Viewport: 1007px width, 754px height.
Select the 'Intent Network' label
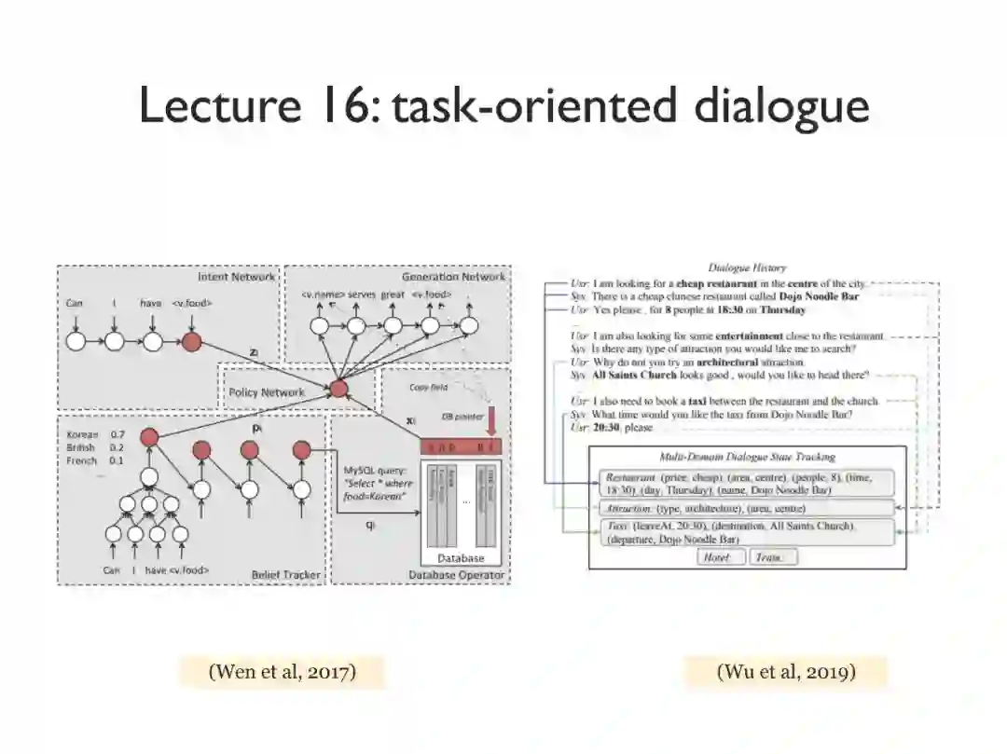[x=236, y=277]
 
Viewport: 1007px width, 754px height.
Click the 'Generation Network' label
[x=453, y=277]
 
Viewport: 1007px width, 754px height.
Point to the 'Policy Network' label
[x=267, y=392]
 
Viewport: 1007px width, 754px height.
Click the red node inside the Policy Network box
[x=338, y=389]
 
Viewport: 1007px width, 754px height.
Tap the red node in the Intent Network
[x=191, y=342]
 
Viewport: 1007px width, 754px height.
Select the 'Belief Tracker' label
[x=285, y=575]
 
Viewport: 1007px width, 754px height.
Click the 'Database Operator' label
[x=457, y=575]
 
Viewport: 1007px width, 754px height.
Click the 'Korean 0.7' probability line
[x=96, y=434]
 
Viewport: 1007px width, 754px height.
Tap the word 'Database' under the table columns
[x=462, y=558]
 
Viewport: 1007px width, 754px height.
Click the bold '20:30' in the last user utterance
[x=608, y=428]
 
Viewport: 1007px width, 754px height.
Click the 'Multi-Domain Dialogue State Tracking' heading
[x=747, y=458]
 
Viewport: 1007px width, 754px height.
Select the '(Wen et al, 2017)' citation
[x=283, y=671]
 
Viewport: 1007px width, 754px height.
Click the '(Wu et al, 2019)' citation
[x=786, y=671]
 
